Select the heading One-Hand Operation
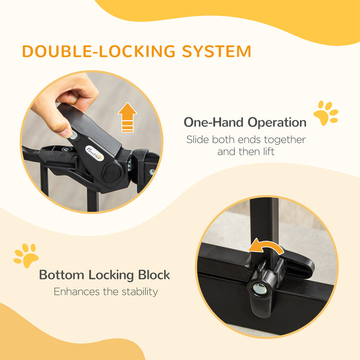pos(245,122)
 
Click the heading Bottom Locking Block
pos(104,275)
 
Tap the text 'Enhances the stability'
pos(105,292)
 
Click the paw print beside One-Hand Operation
pos(326,114)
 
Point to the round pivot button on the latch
pos(112,173)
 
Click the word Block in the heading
pos(154,275)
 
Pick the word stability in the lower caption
pos(137,292)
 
